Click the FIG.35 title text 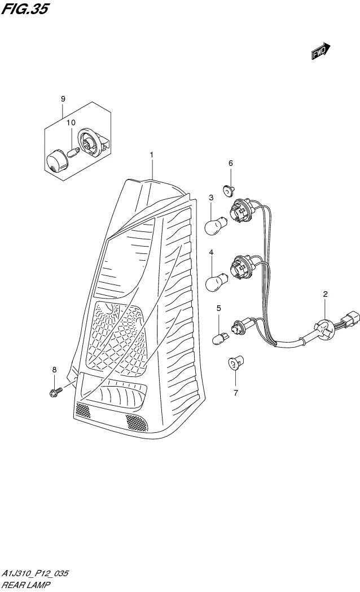coord(26,9)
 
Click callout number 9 coord(63,99)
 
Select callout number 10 coord(71,122)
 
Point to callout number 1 coord(151,154)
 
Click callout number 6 coord(230,163)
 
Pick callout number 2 coord(326,294)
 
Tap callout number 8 coord(54,370)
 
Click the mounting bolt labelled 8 coord(55,391)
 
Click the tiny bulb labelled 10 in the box coord(73,151)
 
